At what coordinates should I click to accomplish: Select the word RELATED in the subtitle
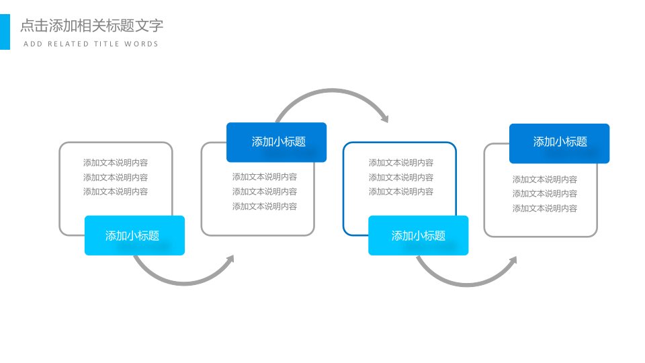pyautogui.click(x=69, y=44)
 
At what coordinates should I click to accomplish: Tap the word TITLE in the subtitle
pyautogui.click(x=107, y=44)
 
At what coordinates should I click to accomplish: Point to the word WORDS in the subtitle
pyautogui.click(x=142, y=44)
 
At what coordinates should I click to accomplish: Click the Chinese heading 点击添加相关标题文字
pyautogui.click(x=92, y=26)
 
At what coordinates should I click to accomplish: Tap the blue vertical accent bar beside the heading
pyautogui.click(x=5, y=32)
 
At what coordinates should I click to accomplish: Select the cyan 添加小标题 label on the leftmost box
pyautogui.click(x=134, y=235)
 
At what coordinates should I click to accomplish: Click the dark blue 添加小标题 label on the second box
pyautogui.click(x=276, y=142)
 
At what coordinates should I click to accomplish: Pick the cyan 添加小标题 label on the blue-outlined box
pyautogui.click(x=419, y=235)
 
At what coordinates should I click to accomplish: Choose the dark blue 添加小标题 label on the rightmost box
pyautogui.click(x=560, y=143)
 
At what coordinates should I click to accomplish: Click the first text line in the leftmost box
pyautogui.click(x=116, y=163)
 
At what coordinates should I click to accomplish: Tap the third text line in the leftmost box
pyautogui.click(x=116, y=192)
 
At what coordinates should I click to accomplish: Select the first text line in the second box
pyautogui.click(x=265, y=177)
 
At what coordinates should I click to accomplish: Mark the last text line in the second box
pyautogui.click(x=265, y=206)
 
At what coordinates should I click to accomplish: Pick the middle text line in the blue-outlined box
pyautogui.click(x=401, y=177)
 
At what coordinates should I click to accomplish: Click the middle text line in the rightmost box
pyautogui.click(x=545, y=194)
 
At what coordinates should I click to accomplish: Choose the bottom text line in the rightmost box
pyautogui.click(x=545, y=208)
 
